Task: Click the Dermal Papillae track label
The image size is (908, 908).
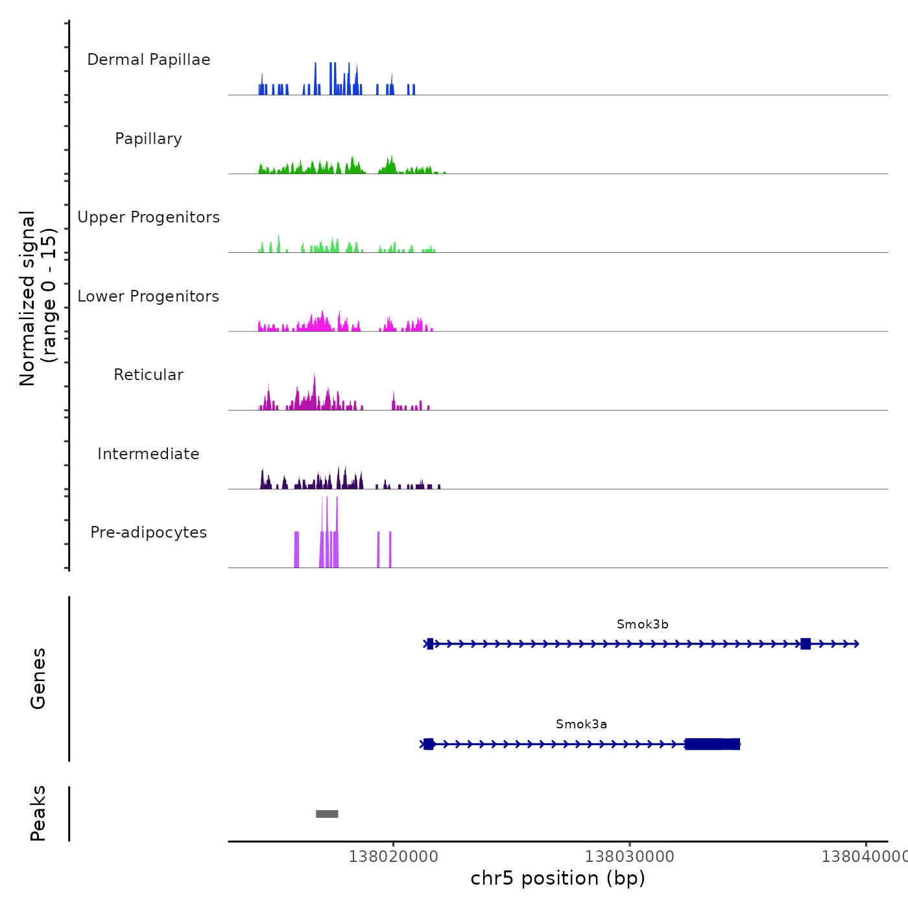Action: pos(149,60)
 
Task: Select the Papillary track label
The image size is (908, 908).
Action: pos(149,139)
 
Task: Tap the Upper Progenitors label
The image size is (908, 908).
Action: pos(149,217)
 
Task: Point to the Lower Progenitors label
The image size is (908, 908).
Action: pos(149,296)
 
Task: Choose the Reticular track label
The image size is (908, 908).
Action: pos(149,375)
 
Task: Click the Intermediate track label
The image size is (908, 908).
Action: pos(149,454)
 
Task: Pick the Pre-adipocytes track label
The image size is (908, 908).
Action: pos(149,532)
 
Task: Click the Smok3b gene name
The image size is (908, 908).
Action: pos(642,625)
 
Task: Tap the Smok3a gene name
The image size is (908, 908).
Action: pos(581,724)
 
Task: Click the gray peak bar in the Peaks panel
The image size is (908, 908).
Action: pos(327,814)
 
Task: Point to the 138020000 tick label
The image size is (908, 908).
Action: pos(393,857)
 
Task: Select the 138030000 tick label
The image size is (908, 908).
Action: pos(629,857)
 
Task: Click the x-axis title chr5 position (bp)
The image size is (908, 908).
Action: pos(558,878)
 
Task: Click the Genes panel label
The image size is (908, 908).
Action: pos(38,678)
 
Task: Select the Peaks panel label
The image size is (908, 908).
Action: pos(38,813)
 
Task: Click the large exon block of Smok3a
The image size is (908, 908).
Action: pos(712,744)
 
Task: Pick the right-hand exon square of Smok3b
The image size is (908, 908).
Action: pos(806,644)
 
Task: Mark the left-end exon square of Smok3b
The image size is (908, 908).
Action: pos(430,644)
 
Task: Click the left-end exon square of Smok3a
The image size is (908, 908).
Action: pos(428,744)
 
